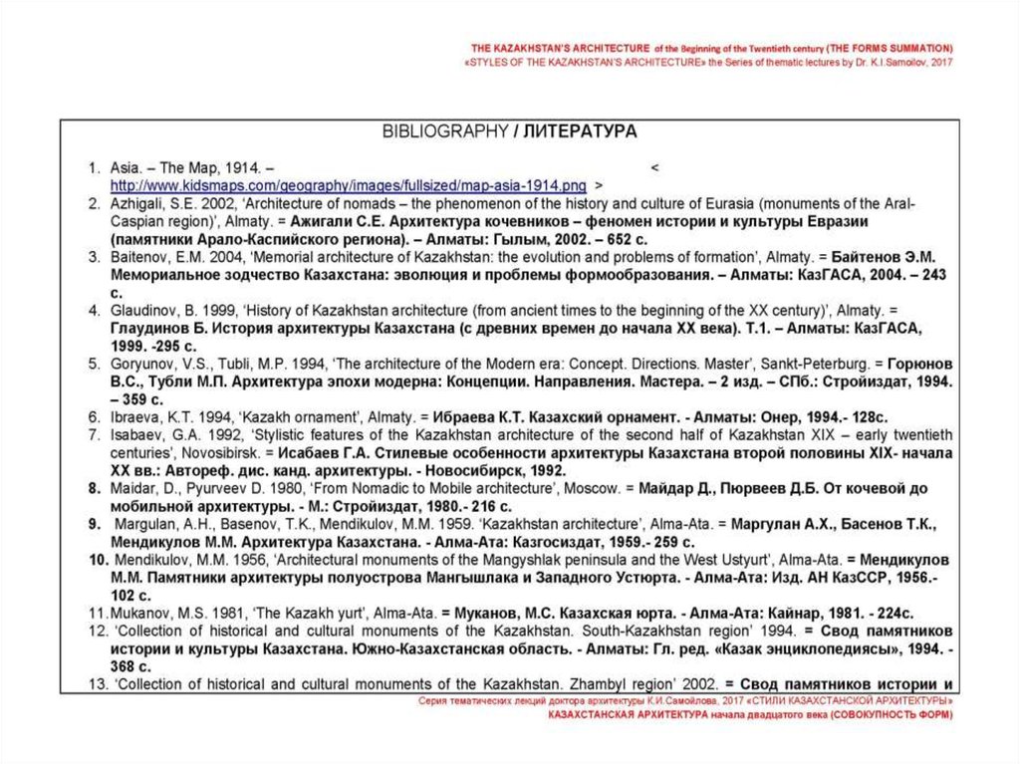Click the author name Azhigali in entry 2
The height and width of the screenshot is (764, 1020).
coord(139,203)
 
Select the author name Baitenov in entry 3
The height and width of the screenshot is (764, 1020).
coord(140,256)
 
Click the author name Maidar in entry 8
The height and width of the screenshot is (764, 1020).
coord(132,488)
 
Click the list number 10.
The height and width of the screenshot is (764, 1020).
coord(97,560)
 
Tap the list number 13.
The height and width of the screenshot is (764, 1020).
coord(96,684)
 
